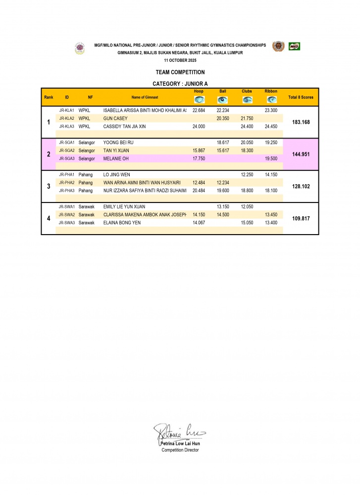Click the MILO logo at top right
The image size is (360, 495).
[295, 47]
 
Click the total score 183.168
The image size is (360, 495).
[301, 122]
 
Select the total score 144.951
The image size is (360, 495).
[301, 154]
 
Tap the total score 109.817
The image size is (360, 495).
[301, 218]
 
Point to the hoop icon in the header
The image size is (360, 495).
[199, 99]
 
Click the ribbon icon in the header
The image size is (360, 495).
[271, 99]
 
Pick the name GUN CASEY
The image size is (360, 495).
[115, 118]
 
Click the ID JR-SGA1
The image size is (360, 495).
[67, 142]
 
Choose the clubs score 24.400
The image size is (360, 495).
[247, 126]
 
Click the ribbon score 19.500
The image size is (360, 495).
[271, 158]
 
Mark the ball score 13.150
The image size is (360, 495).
[223, 206]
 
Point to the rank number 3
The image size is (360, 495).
[49, 186]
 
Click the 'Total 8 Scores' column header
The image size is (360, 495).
[301, 97]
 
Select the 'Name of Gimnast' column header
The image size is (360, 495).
[145, 97]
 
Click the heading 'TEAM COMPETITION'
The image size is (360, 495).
[180, 72]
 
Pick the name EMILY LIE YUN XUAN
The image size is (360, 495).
[124, 206]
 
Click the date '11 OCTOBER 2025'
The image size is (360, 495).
[180, 60]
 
